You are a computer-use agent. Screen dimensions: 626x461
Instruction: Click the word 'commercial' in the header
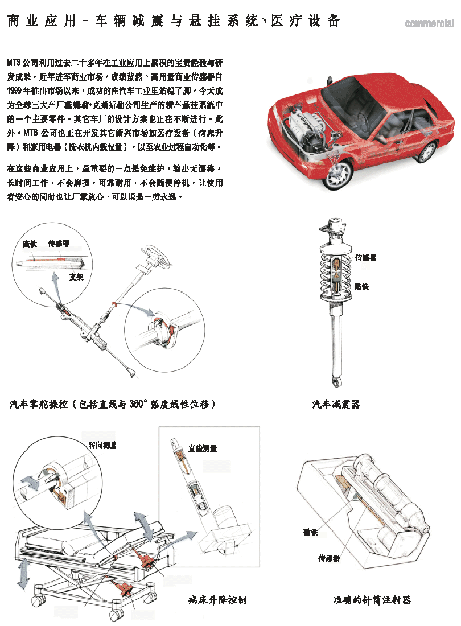430,24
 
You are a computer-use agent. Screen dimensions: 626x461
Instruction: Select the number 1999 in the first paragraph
16,91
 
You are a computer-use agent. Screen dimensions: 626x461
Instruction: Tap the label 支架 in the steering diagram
76,277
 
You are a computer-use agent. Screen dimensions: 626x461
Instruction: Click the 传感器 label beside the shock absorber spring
365,257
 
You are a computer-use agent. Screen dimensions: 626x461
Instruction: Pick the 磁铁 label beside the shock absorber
361,286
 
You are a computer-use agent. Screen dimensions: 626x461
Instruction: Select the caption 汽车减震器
336,405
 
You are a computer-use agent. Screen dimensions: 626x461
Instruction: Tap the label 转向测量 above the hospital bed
102,445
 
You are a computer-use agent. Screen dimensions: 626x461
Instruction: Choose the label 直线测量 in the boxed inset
203,449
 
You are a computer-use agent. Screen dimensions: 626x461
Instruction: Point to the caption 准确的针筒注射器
372,600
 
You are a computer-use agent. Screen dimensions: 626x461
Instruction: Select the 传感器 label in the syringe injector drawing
329,558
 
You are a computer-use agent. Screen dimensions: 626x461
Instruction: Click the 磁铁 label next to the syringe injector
310,533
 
